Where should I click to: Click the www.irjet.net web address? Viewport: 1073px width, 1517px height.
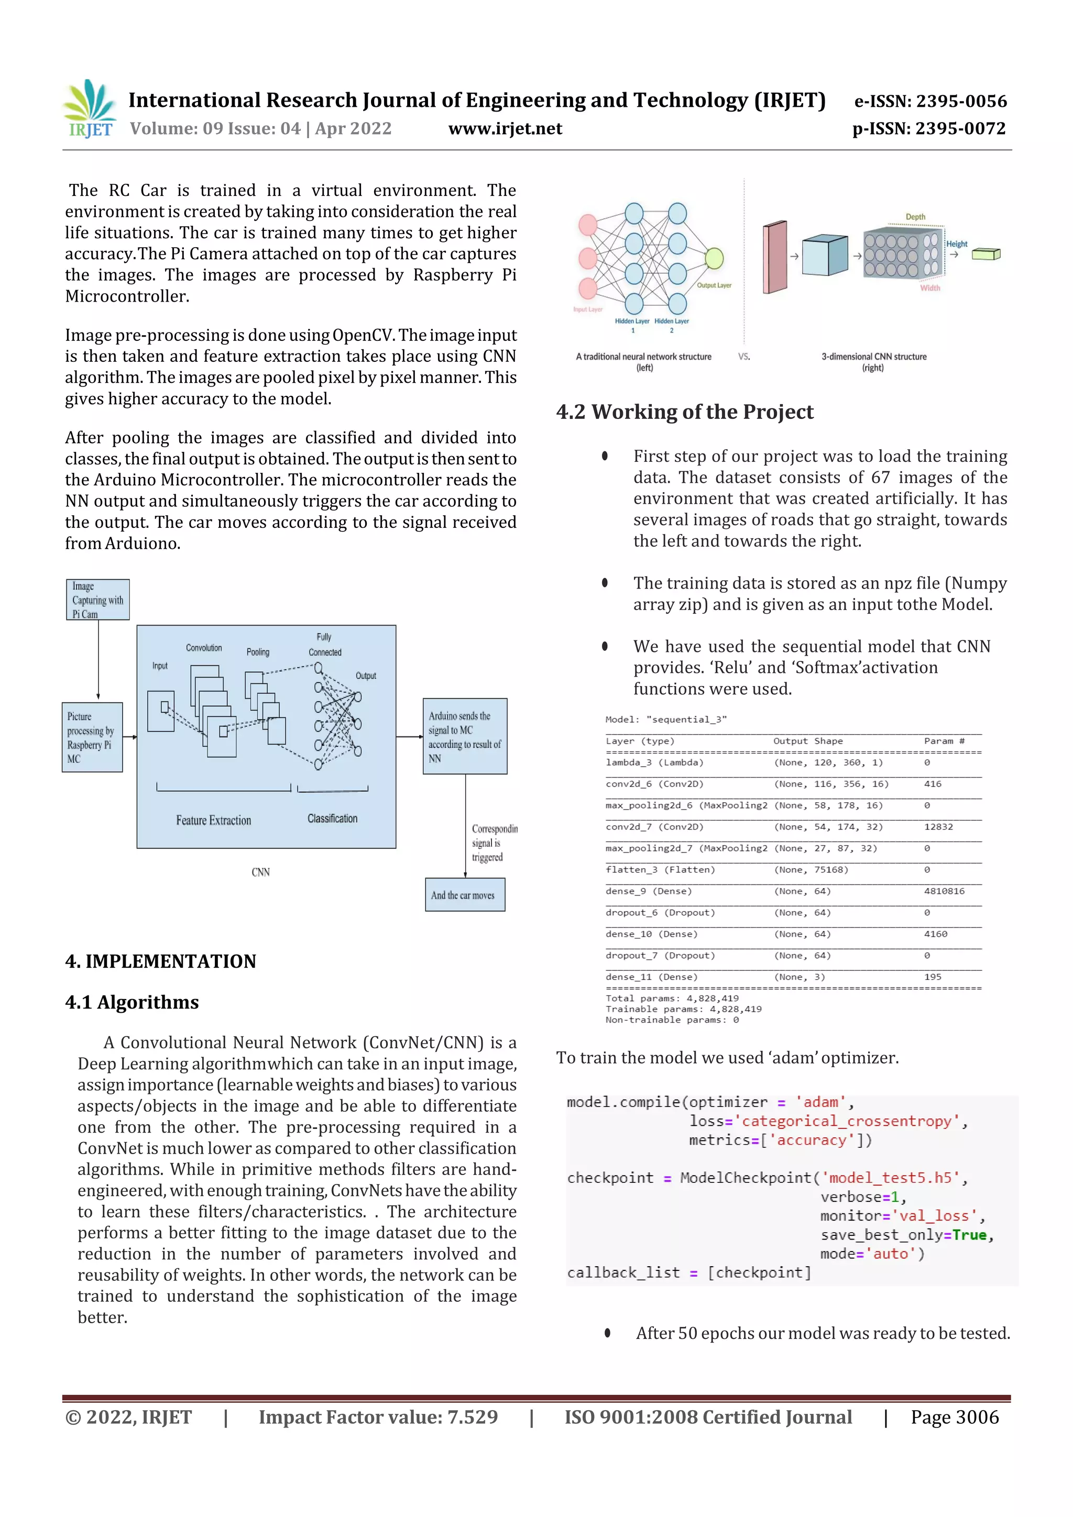click(x=505, y=128)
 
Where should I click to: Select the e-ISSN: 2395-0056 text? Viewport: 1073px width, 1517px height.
click(x=930, y=101)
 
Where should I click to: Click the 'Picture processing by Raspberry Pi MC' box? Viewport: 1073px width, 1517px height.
click(x=92, y=737)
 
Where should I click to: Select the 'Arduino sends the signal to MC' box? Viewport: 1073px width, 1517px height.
click(x=465, y=736)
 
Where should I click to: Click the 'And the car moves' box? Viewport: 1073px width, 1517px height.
click(x=465, y=894)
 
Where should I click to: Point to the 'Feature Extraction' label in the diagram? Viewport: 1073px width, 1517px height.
click(x=214, y=820)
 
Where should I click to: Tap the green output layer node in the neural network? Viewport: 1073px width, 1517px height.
click(x=714, y=258)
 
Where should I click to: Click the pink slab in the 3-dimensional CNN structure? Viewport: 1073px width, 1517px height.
click(x=775, y=257)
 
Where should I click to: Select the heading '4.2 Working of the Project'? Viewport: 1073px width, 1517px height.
click(x=684, y=412)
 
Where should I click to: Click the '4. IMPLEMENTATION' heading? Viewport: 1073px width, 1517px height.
click(x=161, y=961)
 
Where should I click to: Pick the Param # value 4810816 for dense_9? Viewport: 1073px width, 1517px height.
click(x=944, y=891)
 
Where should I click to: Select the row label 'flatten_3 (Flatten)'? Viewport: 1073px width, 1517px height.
click(x=660, y=869)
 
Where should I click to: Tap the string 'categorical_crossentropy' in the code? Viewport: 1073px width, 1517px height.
click(x=847, y=1121)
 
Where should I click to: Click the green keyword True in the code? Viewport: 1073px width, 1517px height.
click(x=969, y=1235)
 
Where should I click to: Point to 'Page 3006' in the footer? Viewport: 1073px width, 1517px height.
click(x=954, y=1417)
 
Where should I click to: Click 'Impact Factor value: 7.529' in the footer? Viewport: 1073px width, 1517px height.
click(x=378, y=1417)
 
